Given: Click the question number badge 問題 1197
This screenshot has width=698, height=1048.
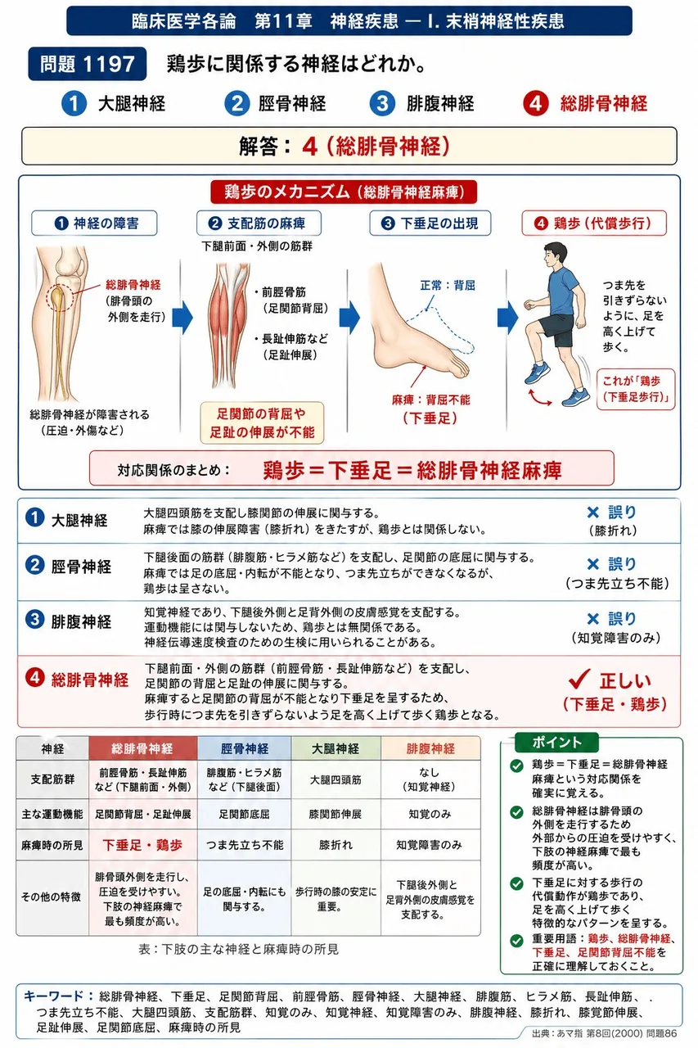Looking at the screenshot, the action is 87,64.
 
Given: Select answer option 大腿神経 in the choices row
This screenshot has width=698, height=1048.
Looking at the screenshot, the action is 132,103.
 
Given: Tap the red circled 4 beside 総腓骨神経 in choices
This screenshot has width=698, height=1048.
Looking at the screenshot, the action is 535,103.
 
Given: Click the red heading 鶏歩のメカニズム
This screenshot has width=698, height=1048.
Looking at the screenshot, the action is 344,192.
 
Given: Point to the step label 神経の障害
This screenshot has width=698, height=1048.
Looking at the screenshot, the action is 94,224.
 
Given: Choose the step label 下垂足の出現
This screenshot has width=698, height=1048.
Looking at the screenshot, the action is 430,224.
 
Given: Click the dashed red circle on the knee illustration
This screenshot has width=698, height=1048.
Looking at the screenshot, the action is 60,297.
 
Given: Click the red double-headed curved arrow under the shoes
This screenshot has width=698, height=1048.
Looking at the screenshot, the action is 540,398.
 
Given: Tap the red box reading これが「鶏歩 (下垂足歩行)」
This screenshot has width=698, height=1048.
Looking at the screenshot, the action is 636,389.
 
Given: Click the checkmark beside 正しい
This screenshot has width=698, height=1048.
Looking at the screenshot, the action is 579,679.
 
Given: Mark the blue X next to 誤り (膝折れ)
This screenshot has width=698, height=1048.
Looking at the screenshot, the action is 592,513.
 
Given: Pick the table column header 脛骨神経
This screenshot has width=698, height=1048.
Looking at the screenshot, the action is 245,748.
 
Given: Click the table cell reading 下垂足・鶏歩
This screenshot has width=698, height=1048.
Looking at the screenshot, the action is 142,845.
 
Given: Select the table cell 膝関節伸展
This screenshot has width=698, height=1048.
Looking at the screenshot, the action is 335,814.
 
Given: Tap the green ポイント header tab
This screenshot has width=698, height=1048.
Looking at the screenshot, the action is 556,743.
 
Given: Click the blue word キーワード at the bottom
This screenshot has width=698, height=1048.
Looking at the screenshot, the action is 53,996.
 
